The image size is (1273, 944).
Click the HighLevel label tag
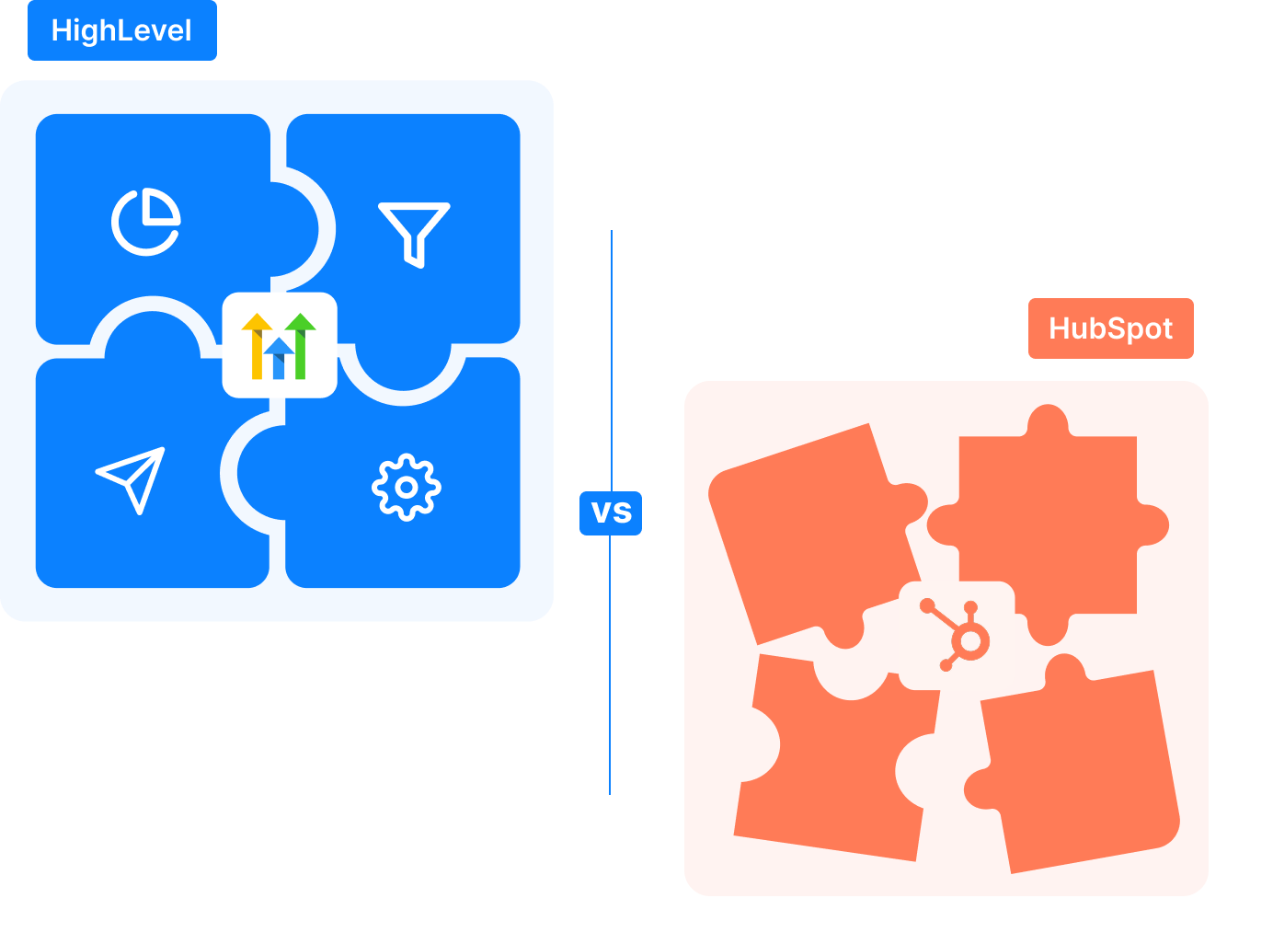point(122,30)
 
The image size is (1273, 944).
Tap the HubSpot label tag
point(1110,328)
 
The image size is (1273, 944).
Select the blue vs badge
point(611,512)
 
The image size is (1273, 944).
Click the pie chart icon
point(145,222)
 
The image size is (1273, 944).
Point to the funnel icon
point(414,233)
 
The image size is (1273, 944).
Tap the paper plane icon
point(132,478)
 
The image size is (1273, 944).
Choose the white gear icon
point(407,487)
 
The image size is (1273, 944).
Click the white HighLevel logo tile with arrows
point(280,345)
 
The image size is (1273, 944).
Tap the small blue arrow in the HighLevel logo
point(279,358)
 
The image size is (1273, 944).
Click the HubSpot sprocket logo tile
point(957,636)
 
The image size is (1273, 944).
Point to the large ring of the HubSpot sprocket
point(971,641)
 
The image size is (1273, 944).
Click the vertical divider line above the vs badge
point(612,359)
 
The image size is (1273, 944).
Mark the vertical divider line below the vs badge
point(610,662)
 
